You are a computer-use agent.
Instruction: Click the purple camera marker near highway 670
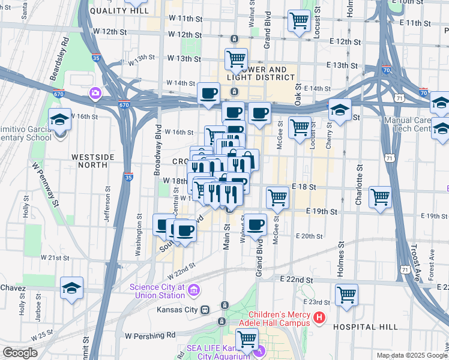click(x=95, y=93)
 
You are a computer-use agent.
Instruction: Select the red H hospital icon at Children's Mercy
click(x=319, y=317)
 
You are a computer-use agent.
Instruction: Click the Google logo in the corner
click(x=20, y=353)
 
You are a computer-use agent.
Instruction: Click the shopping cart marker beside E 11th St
click(x=299, y=21)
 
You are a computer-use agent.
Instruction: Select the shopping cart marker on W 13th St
click(x=237, y=59)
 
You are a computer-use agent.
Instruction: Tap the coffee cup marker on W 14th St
click(x=208, y=94)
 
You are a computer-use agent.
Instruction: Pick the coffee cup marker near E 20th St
click(x=255, y=225)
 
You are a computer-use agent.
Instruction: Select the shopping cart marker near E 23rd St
click(x=346, y=295)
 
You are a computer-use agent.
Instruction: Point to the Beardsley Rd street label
click(x=64, y=53)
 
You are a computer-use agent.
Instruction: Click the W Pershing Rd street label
click(x=149, y=335)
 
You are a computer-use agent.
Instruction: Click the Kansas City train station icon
click(x=205, y=310)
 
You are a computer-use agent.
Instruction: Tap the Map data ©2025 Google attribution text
click(x=411, y=355)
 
